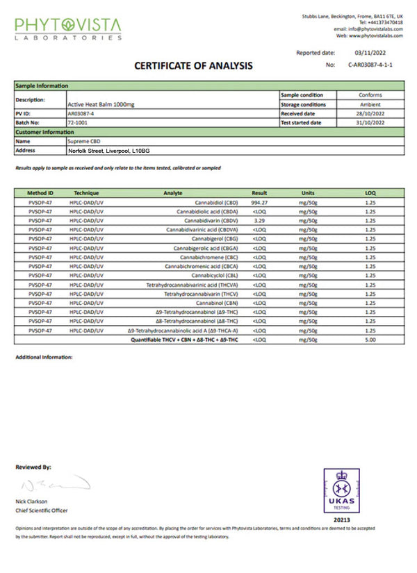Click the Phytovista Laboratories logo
click(x=67, y=28)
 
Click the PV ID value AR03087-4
click(x=83, y=113)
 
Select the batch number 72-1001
click(x=78, y=122)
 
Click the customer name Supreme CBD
click(x=85, y=141)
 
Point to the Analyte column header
click(x=173, y=193)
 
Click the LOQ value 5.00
click(x=370, y=340)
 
